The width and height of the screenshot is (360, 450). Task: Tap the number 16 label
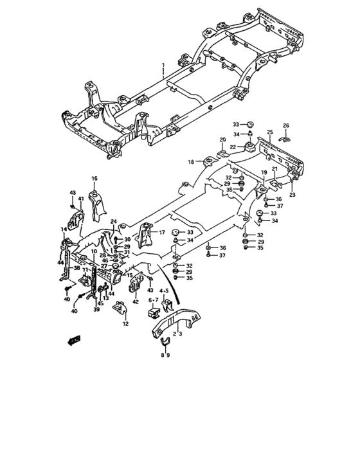coord(94,178)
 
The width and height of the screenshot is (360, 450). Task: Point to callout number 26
coord(286,125)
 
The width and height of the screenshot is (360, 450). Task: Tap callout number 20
coord(222,139)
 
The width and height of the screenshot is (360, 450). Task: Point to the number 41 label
coord(81,199)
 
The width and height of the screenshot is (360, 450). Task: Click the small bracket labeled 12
coord(120,312)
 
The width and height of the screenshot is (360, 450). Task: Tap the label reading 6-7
coord(153,299)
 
